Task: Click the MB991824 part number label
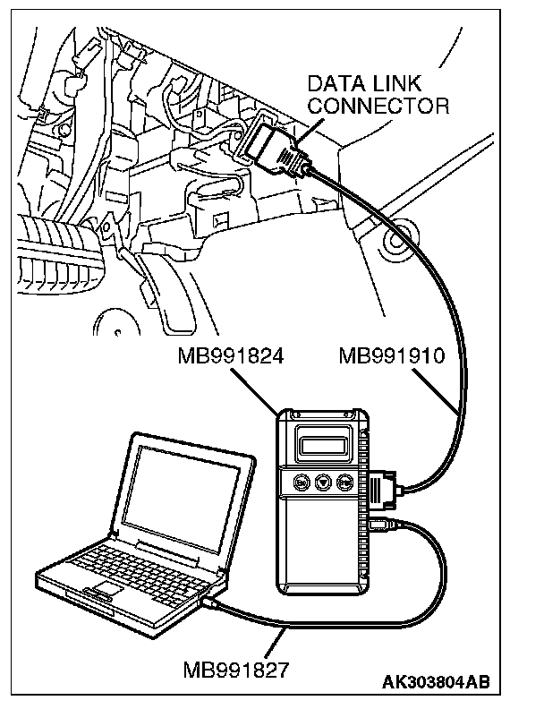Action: (231, 357)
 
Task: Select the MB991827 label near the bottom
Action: (234, 669)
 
